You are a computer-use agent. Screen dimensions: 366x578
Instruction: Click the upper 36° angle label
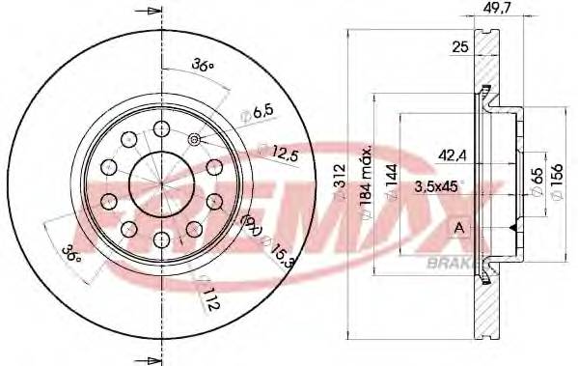202,66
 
